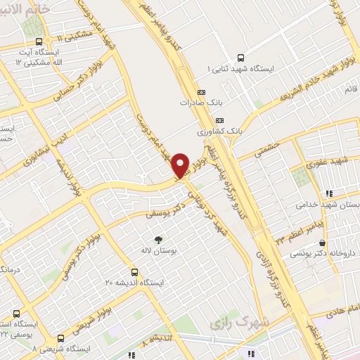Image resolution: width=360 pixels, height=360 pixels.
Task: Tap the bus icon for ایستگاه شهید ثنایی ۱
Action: (241, 58)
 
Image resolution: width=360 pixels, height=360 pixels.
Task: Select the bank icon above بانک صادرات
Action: (202, 91)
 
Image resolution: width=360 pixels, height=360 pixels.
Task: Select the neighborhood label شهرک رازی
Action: (234, 323)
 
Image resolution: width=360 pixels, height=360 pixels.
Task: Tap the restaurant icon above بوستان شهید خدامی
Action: (328, 193)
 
